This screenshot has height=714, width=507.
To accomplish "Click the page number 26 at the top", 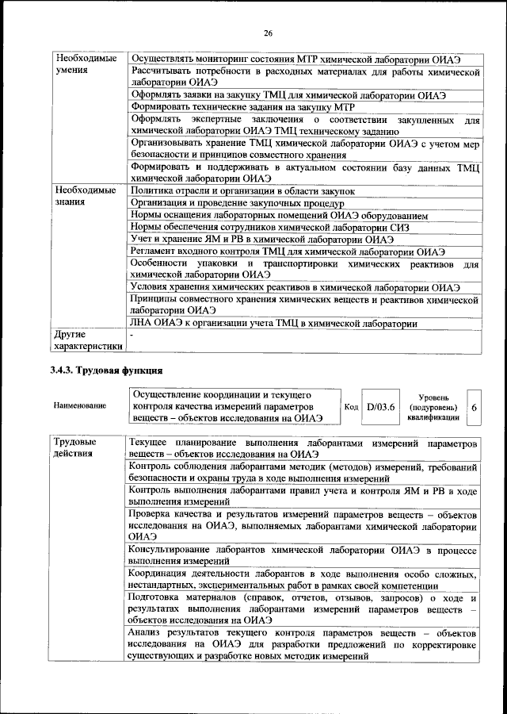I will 269,33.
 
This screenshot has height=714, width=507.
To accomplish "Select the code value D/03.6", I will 380,405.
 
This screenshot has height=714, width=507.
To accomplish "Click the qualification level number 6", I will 474,406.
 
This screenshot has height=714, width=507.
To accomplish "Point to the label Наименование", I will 79,406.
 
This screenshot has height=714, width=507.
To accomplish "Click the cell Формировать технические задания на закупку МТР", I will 242,107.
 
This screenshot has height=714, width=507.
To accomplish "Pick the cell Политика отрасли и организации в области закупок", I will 242,191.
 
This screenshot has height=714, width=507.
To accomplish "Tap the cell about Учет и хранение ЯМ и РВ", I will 262,240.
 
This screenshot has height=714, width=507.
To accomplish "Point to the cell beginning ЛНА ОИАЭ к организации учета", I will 273,323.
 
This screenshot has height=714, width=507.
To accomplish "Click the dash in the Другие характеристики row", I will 133,336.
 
